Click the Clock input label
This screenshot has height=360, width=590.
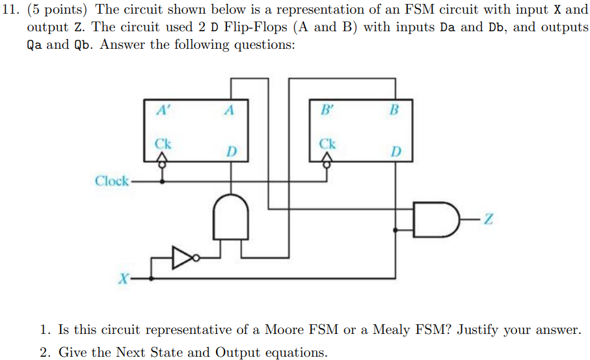pos(112,181)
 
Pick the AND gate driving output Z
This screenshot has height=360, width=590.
pos(432,221)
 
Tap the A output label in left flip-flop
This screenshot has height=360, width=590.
pos(228,111)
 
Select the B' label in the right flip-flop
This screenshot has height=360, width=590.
pos(327,110)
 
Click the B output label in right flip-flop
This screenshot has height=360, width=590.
pos(393,111)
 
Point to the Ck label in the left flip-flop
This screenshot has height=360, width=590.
pos(163,143)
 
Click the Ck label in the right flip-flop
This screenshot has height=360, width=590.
pos(328,143)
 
